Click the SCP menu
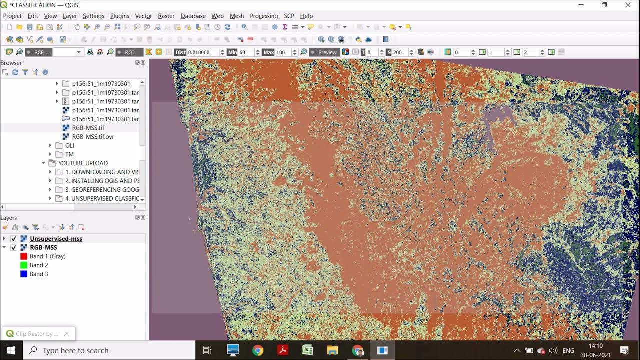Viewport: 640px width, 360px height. tap(289, 16)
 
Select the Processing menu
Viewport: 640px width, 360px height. tap(263, 16)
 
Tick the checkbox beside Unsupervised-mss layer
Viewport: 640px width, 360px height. tap(14, 239)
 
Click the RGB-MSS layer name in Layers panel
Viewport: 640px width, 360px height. tap(43, 247)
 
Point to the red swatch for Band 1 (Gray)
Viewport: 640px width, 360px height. tap(23, 256)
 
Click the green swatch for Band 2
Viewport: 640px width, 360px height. tap(23, 265)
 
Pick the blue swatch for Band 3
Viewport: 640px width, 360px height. tap(23, 274)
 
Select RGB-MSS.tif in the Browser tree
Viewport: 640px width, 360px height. tap(88, 128)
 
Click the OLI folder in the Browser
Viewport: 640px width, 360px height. tap(69, 145)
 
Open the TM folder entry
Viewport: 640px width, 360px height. tap(69, 154)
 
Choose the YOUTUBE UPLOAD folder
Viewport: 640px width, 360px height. tap(83, 163)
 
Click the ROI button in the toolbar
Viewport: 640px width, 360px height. tap(129, 52)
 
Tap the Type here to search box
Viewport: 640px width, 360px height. tap(110, 350)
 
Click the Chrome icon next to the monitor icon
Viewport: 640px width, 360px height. tap(258, 350)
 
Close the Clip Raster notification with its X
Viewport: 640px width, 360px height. tap(66, 334)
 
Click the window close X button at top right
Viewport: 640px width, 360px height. tap(628, 5)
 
